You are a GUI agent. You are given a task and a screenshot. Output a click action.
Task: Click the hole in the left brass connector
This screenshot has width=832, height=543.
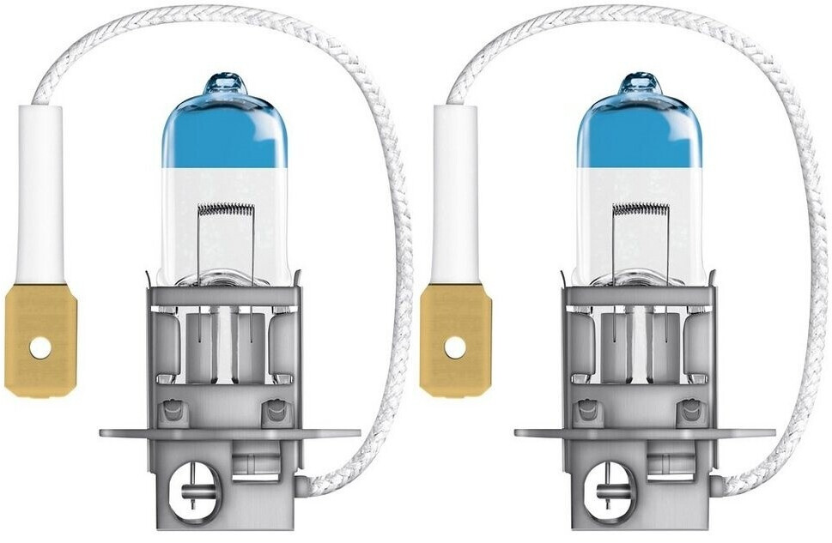click(39, 347)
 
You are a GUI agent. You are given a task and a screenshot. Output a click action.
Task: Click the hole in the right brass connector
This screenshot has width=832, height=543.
click(455, 347)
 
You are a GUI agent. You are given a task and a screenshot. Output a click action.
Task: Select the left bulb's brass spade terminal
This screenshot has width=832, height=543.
click(39, 339)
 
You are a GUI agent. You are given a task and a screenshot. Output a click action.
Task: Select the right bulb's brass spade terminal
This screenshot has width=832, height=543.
click(455, 339)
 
